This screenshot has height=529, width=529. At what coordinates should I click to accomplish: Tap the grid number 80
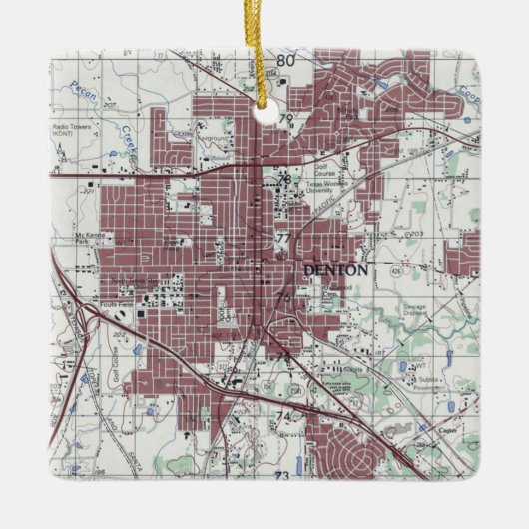286,61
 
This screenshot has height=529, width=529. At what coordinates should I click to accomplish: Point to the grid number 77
283,239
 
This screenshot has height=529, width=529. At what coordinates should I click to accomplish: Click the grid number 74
283,416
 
